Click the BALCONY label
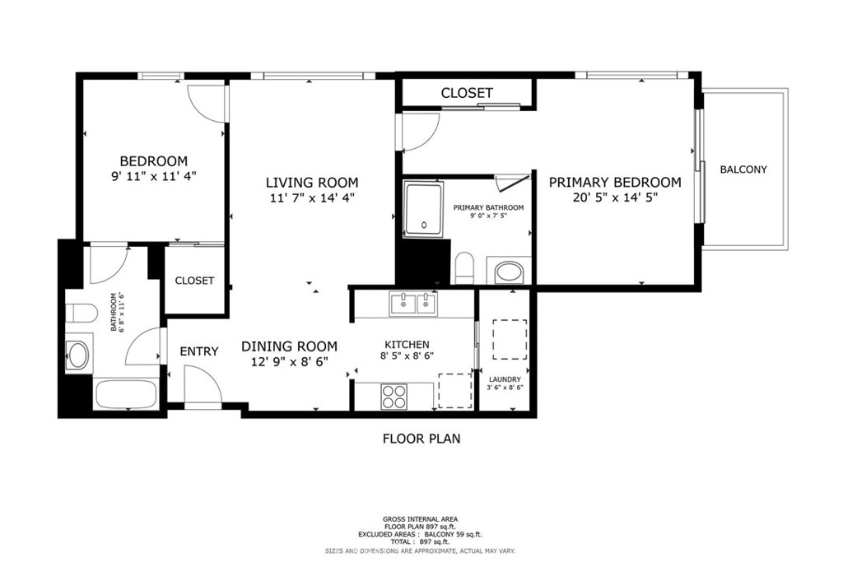743,170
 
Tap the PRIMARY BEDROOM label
615,183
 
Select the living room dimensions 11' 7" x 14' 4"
312,197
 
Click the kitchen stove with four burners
394,397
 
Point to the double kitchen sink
413,304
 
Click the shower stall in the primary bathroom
424,210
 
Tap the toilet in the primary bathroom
464,267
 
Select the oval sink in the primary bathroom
509,272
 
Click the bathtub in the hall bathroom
127,394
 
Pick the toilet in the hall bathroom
81,314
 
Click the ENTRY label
199,351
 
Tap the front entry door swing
203,384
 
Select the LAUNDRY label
505,379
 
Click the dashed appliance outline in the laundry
510,340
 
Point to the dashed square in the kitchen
455,391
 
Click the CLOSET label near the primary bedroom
467,93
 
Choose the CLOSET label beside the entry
194,281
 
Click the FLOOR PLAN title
421,439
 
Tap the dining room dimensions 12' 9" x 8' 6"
289,362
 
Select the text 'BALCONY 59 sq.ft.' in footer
454,535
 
